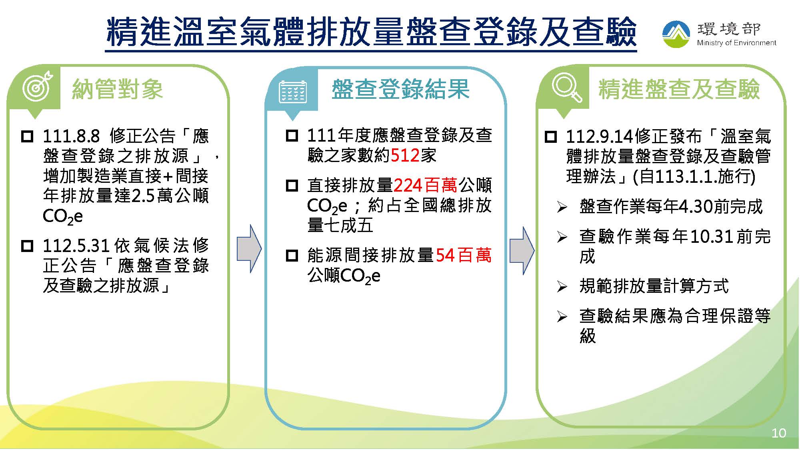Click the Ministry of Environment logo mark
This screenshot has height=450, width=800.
[x=676, y=34]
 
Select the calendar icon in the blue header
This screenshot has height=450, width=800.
[x=293, y=92]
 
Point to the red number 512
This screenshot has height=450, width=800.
[x=405, y=156]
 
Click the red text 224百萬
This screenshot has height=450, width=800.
[x=425, y=185]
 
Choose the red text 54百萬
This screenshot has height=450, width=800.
[x=463, y=255]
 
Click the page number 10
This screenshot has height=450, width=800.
[x=779, y=433]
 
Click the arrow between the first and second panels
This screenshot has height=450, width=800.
[x=249, y=249]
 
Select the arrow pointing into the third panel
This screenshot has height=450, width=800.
[x=522, y=251]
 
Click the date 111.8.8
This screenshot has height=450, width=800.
[x=71, y=136]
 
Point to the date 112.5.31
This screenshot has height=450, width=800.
[x=76, y=246]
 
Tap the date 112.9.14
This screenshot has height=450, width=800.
[x=600, y=137]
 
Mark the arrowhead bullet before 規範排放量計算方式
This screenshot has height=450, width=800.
[x=562, y=286]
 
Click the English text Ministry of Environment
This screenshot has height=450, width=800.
[x=736, y=43]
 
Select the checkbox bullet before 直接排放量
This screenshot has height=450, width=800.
[x=292, y=186]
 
